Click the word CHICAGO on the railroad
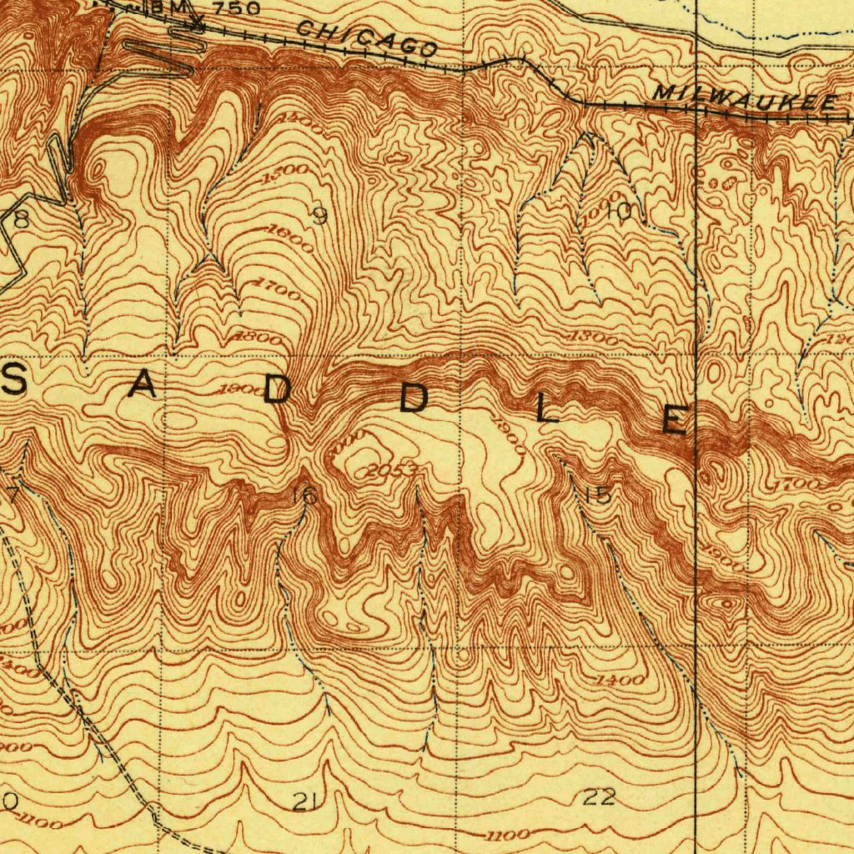coord(368,38)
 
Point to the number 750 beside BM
coord(234,9)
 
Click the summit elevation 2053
coord(391,471)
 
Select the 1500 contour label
coord(285,175)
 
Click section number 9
coord(319,216)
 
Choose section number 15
coord(597,495)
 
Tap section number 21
coord(304,802)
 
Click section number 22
coord(599,797)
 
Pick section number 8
coord(20,219)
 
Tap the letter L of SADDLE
coord(546,409)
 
